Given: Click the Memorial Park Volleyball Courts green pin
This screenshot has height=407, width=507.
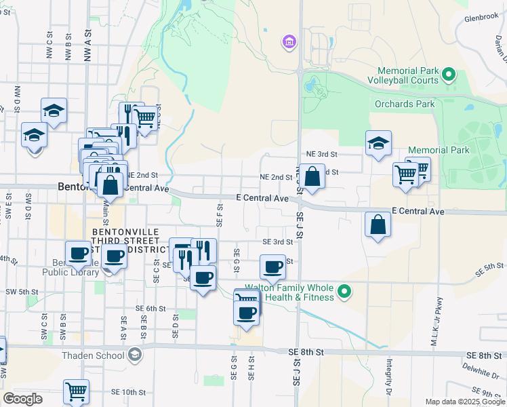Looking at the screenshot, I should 447,74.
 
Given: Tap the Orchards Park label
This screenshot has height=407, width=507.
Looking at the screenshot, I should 405,104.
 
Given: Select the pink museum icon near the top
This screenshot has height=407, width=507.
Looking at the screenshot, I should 289,43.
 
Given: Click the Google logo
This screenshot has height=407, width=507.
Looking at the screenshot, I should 22,399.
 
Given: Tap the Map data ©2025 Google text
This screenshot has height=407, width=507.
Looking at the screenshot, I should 466,402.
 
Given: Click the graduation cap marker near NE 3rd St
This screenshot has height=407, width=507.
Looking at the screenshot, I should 379,143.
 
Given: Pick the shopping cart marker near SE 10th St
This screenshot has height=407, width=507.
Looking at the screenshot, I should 77,391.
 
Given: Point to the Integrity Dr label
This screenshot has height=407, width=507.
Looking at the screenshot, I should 390,374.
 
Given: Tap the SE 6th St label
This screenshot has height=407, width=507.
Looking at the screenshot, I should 150,308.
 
